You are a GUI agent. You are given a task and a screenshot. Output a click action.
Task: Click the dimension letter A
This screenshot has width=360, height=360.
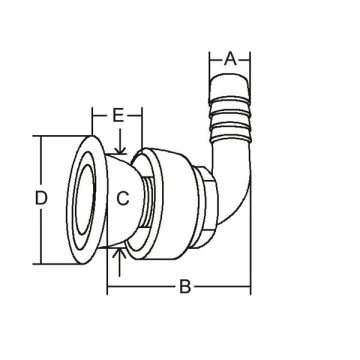[x=230, y=60]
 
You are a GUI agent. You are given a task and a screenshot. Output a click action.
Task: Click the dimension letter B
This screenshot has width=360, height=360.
[x=185, y=287]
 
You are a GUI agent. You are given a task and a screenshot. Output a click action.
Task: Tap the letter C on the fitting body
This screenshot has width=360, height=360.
[x=123, y=199]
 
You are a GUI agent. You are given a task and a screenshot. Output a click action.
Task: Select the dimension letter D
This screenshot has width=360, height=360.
[x=41, y=199]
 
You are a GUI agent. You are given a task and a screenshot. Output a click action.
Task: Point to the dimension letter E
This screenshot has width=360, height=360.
[x=118, y=116]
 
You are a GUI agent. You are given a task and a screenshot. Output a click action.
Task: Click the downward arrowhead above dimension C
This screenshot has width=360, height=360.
[x=120, y=150]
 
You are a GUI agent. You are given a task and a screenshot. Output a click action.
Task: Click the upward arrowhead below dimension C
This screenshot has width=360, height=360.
[x=120, y=252]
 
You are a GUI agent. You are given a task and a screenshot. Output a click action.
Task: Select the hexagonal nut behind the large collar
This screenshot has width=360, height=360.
[x=206, y=207]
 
